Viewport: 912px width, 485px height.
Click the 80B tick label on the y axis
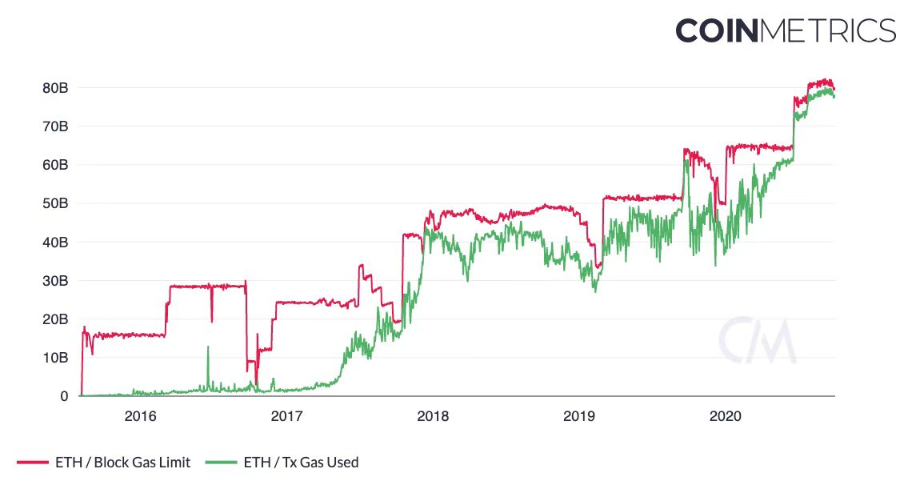[54, 88]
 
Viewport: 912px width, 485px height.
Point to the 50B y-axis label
[54, 203]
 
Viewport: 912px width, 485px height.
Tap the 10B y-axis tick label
[54, 358]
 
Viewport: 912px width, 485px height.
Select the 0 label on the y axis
[64, 396]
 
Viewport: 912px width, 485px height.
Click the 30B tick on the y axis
[54, 281]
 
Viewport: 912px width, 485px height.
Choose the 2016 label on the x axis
[141, 416]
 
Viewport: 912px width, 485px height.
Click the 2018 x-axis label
[433, 416]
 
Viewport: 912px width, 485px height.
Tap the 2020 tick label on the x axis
[726, 416]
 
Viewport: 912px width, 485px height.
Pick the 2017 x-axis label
[286, 416]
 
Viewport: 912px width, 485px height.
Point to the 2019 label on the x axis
[579, 416]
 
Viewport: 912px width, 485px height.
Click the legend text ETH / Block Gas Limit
[122, 462]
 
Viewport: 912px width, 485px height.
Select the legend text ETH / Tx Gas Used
[301, 462]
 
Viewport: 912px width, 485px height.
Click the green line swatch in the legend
[221, 463]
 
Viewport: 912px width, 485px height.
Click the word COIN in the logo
[716, 30]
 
